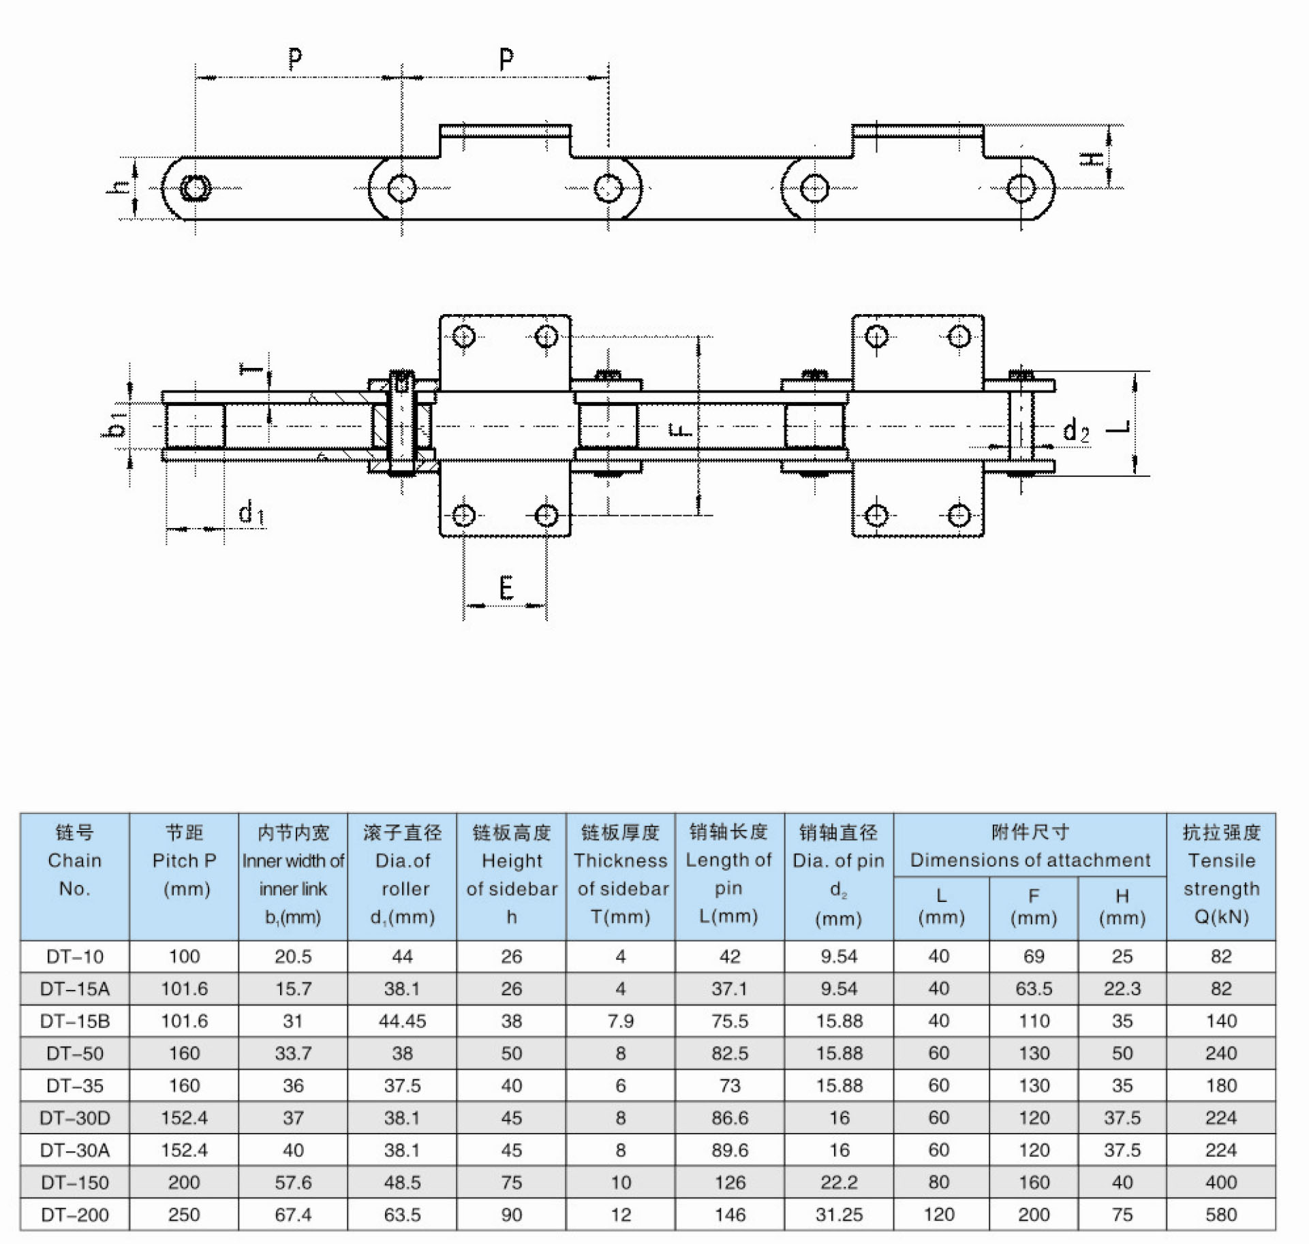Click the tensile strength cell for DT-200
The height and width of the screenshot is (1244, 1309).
[x=1220, y=1214]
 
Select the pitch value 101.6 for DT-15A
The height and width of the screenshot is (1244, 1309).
[x=184, y=989]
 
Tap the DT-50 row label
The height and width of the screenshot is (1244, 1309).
[x=75, y=1053]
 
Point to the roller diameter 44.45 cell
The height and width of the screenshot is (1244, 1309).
[x=402, y=1021]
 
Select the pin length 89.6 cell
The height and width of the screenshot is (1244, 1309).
[x=730, y=1150]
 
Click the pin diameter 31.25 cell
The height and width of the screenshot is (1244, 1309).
[x=839, y=1214]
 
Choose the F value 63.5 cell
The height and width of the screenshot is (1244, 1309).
[x=1034, y=989]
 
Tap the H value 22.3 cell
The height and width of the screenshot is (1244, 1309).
[x=1122, y=989]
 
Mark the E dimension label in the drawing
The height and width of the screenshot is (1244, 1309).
[x=506, y=587]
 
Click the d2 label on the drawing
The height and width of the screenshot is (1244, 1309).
[x=1076, y=431]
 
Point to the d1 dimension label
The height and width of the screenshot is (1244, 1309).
[x=251, y=512]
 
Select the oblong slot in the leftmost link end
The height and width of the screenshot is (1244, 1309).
[x=196, y=188]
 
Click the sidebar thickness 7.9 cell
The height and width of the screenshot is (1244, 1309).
[x=620, y=1021]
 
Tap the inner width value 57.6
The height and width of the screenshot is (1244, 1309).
[x=293, y=1182]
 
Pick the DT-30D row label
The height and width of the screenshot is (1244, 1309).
[x=75, y=1117]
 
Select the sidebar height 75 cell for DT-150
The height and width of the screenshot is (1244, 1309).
[x=511, y=1182]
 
